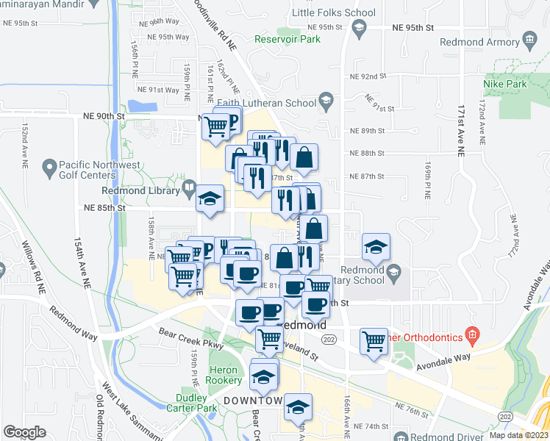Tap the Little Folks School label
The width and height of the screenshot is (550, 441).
point(333,12)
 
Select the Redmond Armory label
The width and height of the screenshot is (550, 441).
point(479,42)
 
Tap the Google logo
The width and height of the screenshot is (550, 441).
point(24,432)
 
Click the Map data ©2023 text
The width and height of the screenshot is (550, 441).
point(518,435)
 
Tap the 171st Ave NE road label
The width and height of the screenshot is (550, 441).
point(461,124)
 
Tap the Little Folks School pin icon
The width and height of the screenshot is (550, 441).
point(360,29)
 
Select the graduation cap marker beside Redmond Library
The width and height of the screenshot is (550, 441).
point(210,198)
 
